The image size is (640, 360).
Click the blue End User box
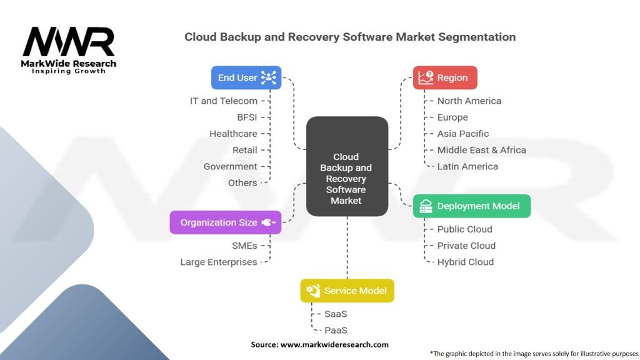pos(246,77)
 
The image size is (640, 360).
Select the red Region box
pos(445,77)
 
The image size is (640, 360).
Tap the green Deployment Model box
pos(472,206)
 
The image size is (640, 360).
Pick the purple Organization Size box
pos(226,222)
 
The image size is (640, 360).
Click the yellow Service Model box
pos(347,291)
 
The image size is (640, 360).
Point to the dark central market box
pos(347,166)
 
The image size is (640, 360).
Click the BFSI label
pos(247,117)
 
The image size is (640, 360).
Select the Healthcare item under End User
pos(233,134)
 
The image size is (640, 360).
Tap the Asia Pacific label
pos(463,134)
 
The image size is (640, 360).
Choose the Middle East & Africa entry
pos(482,150)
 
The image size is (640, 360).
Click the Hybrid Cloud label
pos(465,262)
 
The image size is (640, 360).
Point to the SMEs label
pos(244,246)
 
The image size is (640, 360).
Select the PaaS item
pos(336,330)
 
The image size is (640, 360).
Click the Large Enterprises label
pos(219,262)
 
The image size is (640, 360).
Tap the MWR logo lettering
pos(69,42)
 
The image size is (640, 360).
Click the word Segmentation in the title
pos(477,37)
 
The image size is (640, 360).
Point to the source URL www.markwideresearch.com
pos(335,344)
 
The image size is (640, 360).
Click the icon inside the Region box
pos(426,77)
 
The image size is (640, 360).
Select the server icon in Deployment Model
pos(426,206)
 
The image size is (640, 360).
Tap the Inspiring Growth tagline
pos(69,71)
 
